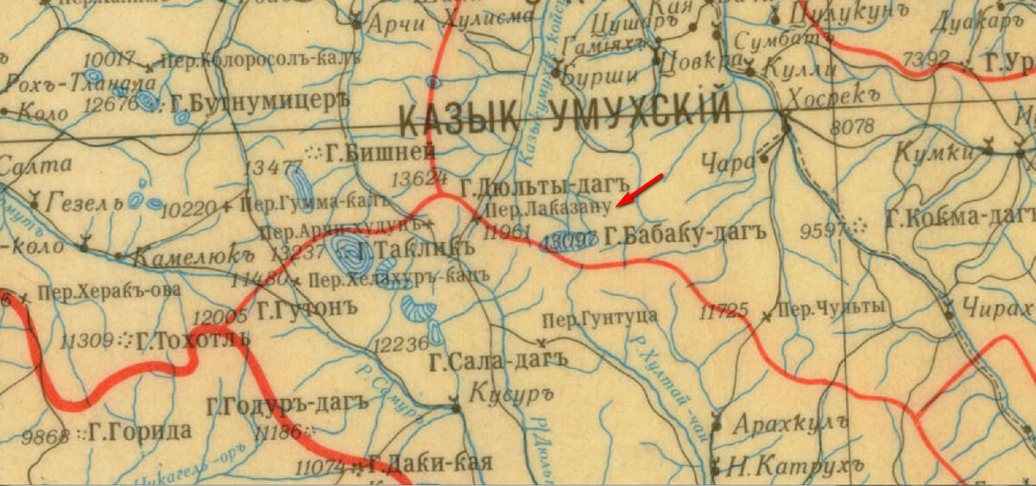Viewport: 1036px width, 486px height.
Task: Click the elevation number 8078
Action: [851, 127]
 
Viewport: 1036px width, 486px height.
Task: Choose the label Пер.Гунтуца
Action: [599, 318]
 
